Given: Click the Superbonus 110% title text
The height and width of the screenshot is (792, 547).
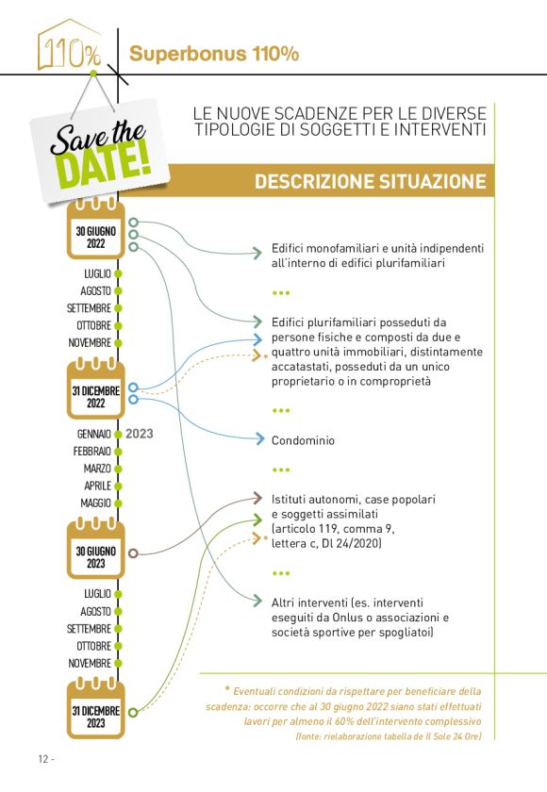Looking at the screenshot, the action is (x=214, y=54).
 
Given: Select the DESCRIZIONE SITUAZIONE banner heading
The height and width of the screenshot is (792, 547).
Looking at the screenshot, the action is (x=370, y=181).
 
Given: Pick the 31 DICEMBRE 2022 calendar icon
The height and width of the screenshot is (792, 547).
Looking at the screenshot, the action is (x=95, y=389).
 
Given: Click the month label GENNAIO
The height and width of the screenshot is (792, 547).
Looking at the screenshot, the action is (x=94, y=434).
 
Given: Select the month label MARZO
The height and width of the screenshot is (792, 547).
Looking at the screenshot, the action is (x=97, y=469).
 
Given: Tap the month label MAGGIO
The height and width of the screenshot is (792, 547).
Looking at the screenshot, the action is (x=96, y=503).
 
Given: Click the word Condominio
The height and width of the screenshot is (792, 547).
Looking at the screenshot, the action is (x=303, y=440).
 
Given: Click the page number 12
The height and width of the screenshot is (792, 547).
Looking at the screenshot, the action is (x=43, y=760).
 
